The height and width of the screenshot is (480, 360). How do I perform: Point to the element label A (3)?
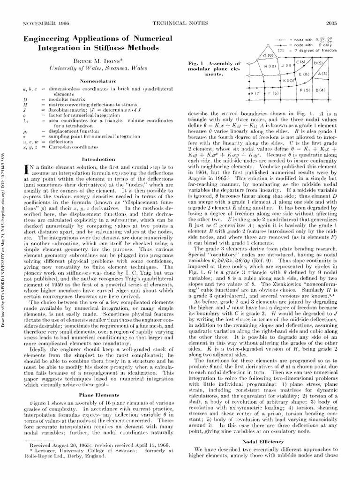(x=322, y=74)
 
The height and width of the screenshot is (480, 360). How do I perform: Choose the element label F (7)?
(x=256, y=94)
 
